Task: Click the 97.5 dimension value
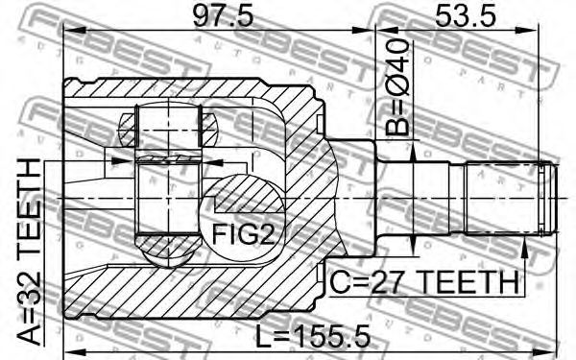coord(223,16)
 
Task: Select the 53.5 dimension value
coord(465,16)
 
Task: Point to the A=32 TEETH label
coord(30,252)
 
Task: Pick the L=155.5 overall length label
coord(313,337)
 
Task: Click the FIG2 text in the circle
coord(243,235)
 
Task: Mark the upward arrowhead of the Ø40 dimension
coord(413,153)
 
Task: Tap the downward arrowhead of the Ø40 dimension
coord(413,243)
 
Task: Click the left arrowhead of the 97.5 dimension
coord(75,32)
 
